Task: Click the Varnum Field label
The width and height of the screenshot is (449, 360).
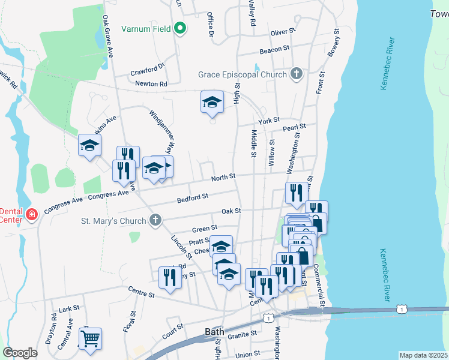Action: [x=146, y=28]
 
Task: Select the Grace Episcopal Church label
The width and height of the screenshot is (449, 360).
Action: [x=243, y=75]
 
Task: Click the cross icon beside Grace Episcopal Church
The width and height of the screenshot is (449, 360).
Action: [x=295, y=74]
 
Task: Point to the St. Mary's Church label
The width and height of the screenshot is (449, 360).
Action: [x=113, y=221]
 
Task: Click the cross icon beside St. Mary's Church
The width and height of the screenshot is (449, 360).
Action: [x=155, y=220]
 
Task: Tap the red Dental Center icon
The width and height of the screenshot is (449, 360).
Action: [x=31, y=214]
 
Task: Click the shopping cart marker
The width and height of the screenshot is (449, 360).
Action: [x=90, y=338]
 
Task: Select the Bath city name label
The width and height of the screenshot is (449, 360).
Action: [x=214, y=331]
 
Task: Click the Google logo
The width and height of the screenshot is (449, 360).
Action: [x=20, y=353]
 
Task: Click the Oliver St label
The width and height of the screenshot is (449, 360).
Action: [x=283, y=31]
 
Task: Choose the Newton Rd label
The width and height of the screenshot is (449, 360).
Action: [x=151, y=84]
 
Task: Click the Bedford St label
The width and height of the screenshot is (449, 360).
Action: [x=193, y=197]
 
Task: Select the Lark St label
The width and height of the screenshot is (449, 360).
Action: [x=69, y=308]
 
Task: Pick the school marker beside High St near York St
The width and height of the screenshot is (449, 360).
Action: [x=212, y=103]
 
